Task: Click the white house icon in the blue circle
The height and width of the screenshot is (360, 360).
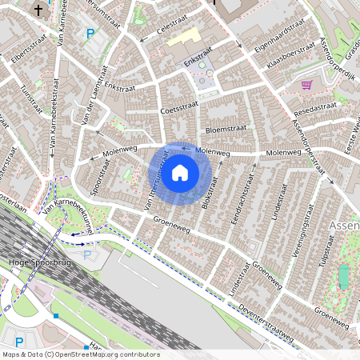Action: [180, 171]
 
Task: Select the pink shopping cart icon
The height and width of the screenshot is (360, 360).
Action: [306, 84]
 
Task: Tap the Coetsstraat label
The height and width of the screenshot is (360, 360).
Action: [178, 110]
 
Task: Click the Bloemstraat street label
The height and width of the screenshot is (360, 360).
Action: [223, 128]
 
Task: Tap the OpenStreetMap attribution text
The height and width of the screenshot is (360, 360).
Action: [81, 354]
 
